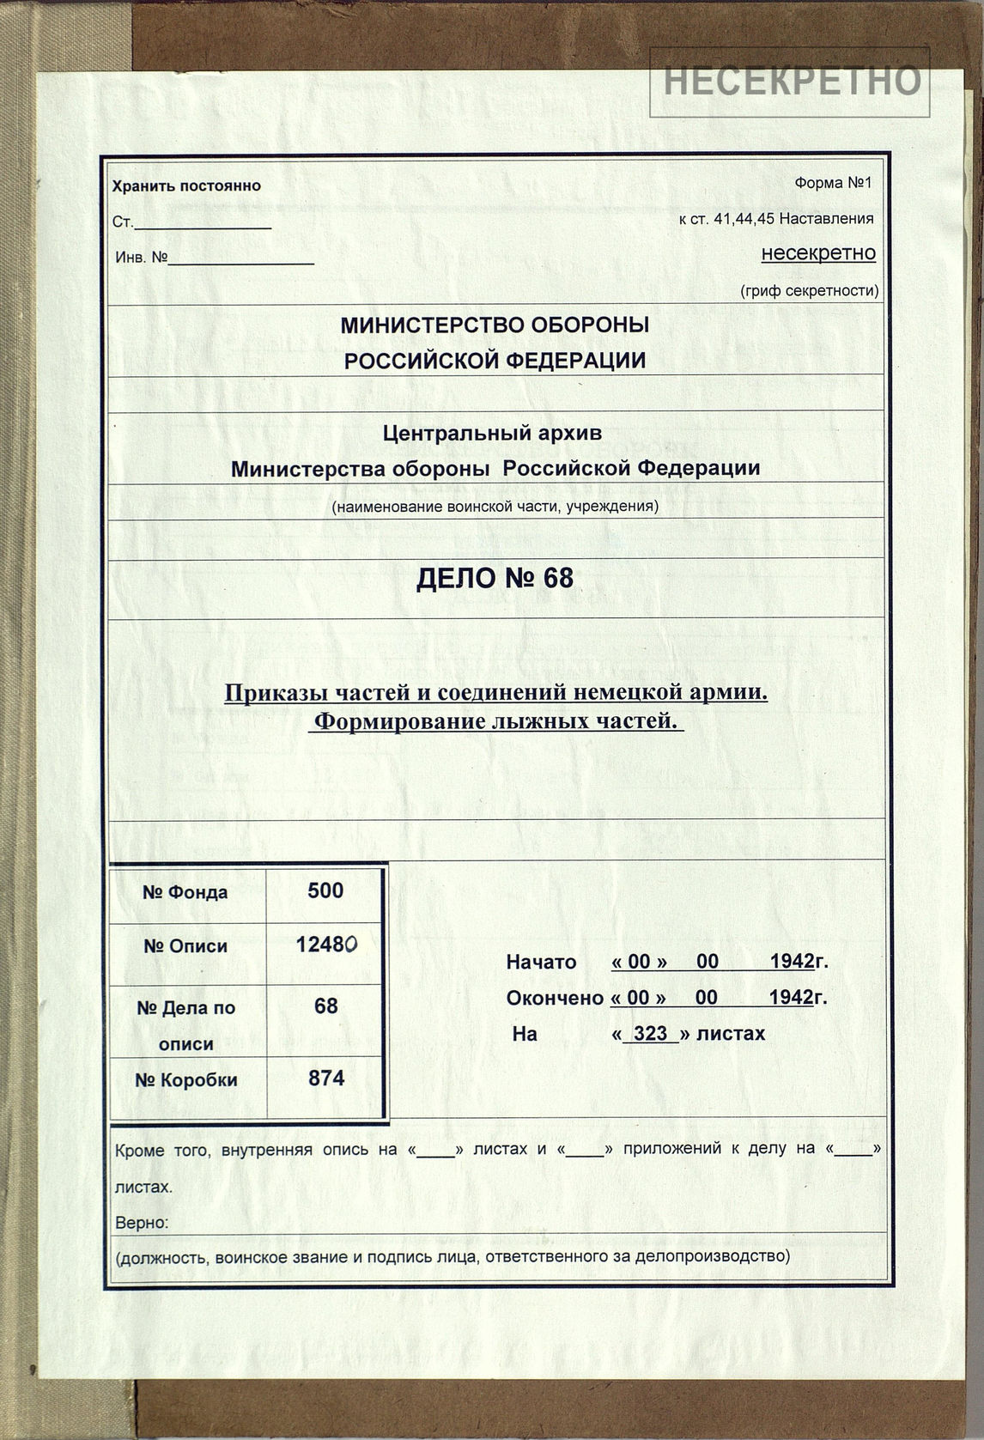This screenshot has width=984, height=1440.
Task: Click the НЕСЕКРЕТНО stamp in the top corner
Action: click(x=789, y=81)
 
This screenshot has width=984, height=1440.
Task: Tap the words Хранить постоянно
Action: click(x=186, y=186)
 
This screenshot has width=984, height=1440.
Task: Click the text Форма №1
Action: click(x=832, y=183)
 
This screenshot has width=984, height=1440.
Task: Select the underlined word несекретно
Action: click(x=818, y=253)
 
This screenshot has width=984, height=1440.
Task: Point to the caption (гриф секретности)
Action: click(x=809, y=290)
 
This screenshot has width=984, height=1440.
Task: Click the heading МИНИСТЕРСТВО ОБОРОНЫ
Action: click(x=495, y=325)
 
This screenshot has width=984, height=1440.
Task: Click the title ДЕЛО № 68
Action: click(x=495, y=578)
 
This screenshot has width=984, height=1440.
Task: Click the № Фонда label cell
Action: click(x=185, y=893)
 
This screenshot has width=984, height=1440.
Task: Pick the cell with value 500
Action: click(x=325, y=891)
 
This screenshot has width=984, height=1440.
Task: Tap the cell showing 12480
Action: click(x=325, y=945)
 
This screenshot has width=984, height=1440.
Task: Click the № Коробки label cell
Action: click(x=185, y=1080)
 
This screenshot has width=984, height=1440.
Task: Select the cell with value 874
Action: click(x=325, y=1078)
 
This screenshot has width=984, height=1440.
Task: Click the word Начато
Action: click(x=541, y=962)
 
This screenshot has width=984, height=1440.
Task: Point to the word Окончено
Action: click(x=555, y=998)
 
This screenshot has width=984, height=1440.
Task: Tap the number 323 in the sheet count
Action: click(x=650, y=1034)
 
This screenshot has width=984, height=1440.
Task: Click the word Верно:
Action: click(x=142, y=1223)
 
